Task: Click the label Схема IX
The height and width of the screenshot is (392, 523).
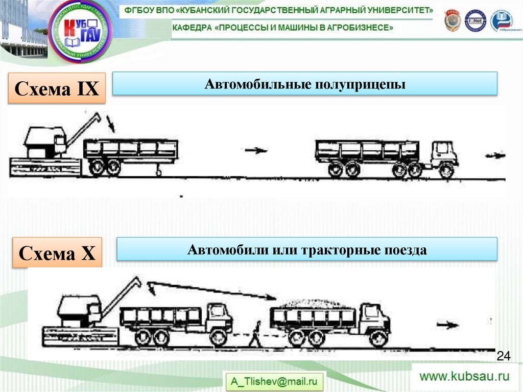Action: (x=56, y=89)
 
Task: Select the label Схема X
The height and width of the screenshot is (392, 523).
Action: (x=57, y=252)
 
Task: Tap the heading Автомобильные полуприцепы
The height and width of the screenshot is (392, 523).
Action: (x=305, y=84)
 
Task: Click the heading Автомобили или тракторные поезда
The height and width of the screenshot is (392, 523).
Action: (x=306, y=250)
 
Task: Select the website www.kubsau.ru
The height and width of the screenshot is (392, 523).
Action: (x=464, y=377)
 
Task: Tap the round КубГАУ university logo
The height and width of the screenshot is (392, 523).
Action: (x=81, y=31)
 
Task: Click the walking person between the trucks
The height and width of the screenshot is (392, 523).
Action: (x=255, y=334)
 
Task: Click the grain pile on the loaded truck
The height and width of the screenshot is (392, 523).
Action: (x=313, y=304)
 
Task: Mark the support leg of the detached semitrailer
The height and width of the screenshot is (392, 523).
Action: (x=158, y=170)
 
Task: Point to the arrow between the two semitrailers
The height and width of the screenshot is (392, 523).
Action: (x=256, y=150)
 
